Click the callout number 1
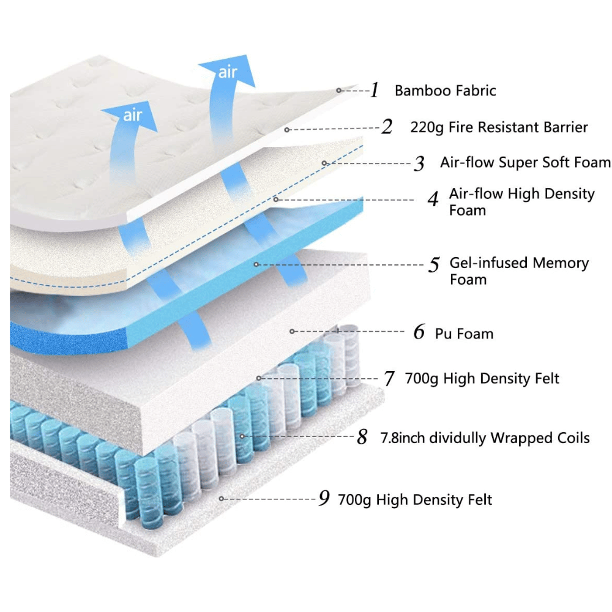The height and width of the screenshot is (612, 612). click(x=375, y=91)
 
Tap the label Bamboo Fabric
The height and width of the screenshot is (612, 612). click(x=445, y=91)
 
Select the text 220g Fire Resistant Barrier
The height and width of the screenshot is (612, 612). click(x=499, y=127)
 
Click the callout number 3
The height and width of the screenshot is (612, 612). click(x=419, y=163)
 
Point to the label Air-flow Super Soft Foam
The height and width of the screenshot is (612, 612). click(x=525, y=162)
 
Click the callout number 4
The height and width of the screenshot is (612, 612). click(x=433, y=200)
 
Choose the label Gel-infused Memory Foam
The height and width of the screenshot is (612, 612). click(x=519, y=271)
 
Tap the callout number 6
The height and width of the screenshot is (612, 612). click(x=419, y=333)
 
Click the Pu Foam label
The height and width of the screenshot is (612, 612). click(x=464, y=334)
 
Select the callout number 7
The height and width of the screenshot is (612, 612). click(x=389, y=378)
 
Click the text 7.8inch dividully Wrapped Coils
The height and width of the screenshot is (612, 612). click(x=485, y=438)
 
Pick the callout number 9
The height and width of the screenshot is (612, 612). click(x=324, y=499)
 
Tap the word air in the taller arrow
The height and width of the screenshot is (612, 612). click(x=228, y=73)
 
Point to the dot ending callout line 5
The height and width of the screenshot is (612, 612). click(x=256, y=264)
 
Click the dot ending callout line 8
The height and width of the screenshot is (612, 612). click(x=243, y=436)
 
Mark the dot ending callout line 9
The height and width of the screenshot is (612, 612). click(x=222, y=499)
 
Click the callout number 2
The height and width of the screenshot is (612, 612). click(x=386, y=127)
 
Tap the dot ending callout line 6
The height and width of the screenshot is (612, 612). click(x=292, y=331)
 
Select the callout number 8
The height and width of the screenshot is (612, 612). click(x=362, y=438)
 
